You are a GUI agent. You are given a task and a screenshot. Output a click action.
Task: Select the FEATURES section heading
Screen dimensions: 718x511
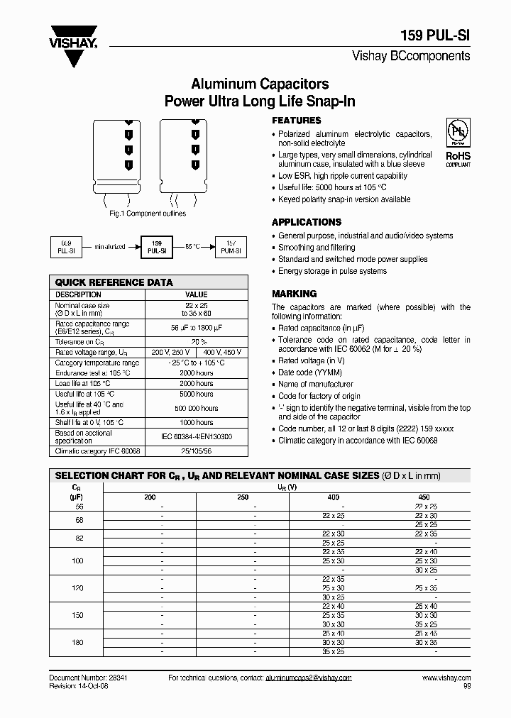pos(297,121)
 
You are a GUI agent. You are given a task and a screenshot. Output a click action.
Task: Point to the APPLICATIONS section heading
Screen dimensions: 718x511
pos(307,222)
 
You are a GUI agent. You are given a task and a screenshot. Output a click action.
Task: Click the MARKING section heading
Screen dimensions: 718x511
pos(294,294)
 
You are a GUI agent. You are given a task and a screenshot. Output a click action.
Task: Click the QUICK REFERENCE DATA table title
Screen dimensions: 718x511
pos(114,282)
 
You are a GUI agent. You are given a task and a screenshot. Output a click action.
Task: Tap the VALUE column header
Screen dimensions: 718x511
pos(196,294)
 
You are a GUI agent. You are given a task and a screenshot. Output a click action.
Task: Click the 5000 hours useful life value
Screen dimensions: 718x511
pos(196,394)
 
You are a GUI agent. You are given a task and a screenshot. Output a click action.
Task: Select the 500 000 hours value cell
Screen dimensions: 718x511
pos(196,409)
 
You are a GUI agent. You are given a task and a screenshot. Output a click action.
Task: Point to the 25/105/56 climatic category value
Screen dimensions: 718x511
pos(196,451)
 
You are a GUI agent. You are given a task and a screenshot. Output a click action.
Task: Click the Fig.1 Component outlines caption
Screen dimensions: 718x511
pos(148,214)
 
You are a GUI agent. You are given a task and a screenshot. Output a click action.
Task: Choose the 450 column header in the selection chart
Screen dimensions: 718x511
pos(424,497)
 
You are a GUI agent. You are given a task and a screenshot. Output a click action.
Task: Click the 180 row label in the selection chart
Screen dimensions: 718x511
pos(77,642)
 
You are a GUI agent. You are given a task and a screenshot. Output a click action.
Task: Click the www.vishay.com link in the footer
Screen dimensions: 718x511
pos(446,678)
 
